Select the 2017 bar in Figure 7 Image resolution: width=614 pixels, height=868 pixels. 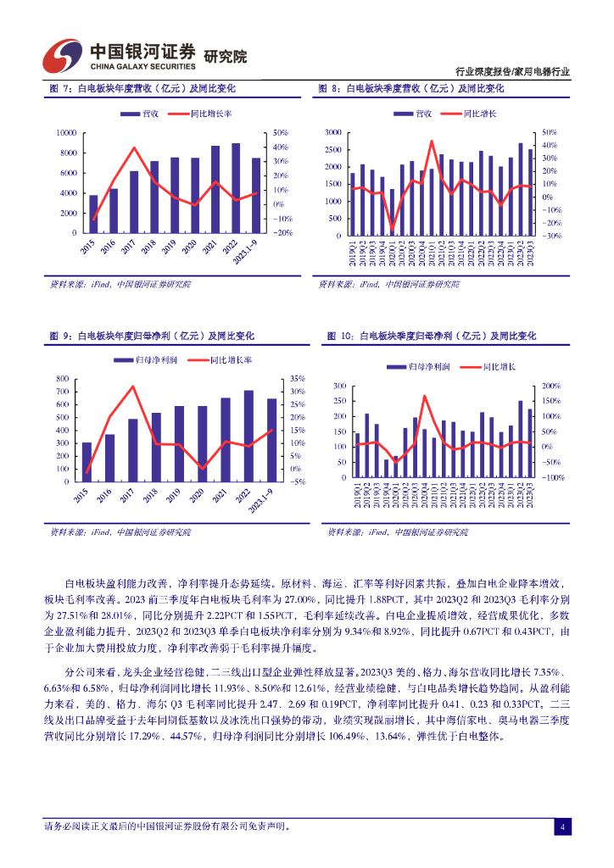click(x=133, y=202)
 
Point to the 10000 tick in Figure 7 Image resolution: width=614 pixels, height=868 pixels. click(x=66, y=133)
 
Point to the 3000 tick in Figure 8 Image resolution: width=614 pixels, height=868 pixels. click(x=332, y=133)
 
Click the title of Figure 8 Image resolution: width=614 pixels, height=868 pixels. click(x=410, y=88)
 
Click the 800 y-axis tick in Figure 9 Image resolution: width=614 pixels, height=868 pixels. click(x=63, y=378)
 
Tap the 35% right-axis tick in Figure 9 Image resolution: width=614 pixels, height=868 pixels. click(x=297, y=378)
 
